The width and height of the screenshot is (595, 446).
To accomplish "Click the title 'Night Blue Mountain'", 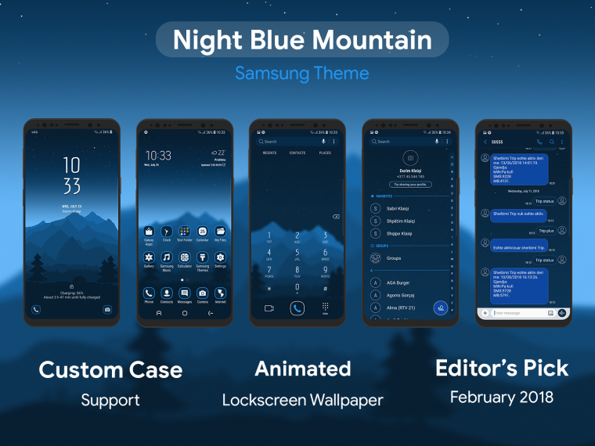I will (x=302, y=40).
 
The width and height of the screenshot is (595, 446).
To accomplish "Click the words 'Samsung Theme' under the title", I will (x=302, y=74).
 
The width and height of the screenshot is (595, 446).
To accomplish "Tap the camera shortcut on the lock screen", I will (x=107, y=309).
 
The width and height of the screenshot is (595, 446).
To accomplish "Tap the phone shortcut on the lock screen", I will (x=35, y=309).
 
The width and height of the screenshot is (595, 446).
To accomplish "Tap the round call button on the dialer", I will (x=297, y=308).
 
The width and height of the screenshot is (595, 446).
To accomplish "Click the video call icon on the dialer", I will (x=269, y=308).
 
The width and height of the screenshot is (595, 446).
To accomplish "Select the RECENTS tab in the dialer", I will (x=269, y=153).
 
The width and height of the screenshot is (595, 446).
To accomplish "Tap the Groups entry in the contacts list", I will (x=394, y=258).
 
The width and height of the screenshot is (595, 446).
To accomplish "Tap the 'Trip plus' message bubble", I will (x=546, y=231).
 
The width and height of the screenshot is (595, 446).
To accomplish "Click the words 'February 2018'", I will (x=501, y=397).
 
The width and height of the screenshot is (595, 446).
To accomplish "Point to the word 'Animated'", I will (x=302, y=369).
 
